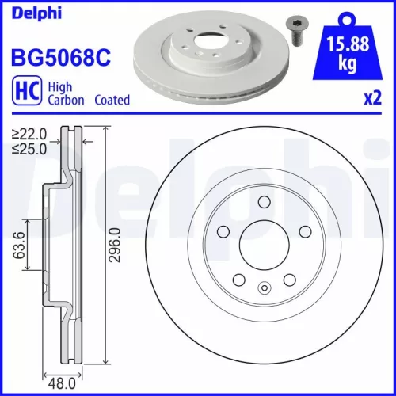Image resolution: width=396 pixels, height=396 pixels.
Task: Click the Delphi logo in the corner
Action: (34, 11)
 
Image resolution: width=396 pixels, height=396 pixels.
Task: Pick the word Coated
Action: (112, 101)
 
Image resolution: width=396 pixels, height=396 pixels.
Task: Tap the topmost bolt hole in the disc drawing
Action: (261, 204)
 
